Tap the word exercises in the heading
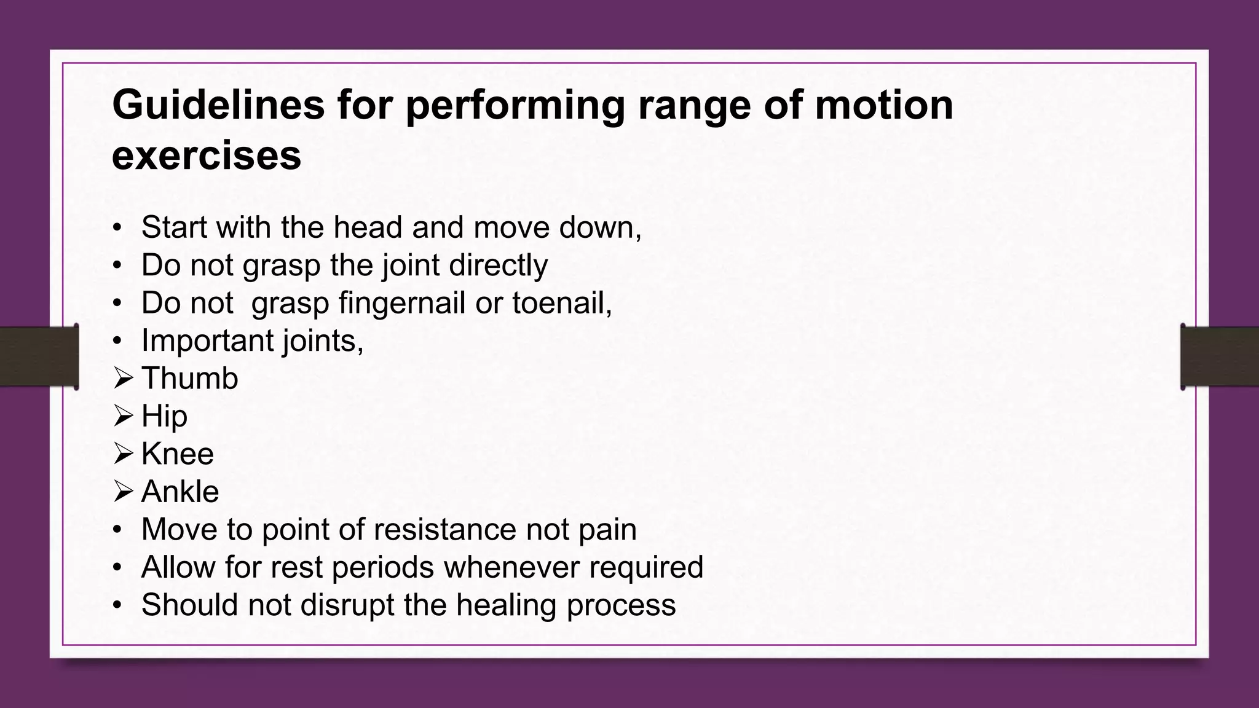[207, 155]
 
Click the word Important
[208, 340]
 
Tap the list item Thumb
[189, 379]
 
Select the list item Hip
[164, 417]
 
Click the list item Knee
[177, 454]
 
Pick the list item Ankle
[180, 492]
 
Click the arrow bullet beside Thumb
[123, 379]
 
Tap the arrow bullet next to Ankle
[123, 492]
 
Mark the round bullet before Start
[117, 228]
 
